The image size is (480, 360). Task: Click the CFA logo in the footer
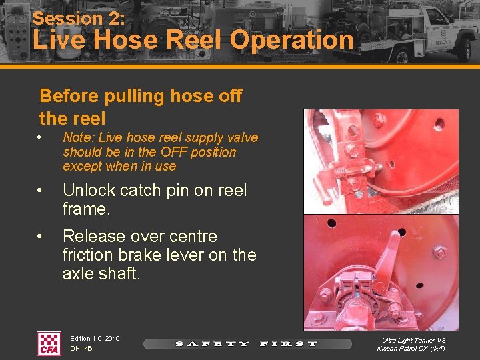pyautogui.click(x=48, y=343)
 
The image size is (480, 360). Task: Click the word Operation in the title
pyautogui.click(x=292, y=40)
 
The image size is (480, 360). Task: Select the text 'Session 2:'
pyautogui.click(x=79, y=18)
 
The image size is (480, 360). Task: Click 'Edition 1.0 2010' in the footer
pyautogui.click(x=95, y=339)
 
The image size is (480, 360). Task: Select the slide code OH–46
pyautogui.click(x=81, y=349)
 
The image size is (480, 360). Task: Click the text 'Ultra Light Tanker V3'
pyautogui.click(x=414, y=340)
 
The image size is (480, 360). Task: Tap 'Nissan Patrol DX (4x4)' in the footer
pyautogui.click(x=411, y=349)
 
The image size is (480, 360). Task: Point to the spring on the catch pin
pyautogui.click(x=340, y=173)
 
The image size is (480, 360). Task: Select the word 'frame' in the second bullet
pyautogui.click(x=83, y=209)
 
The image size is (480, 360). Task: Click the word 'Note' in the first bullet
pyautogui.click(x=76, y=138)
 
